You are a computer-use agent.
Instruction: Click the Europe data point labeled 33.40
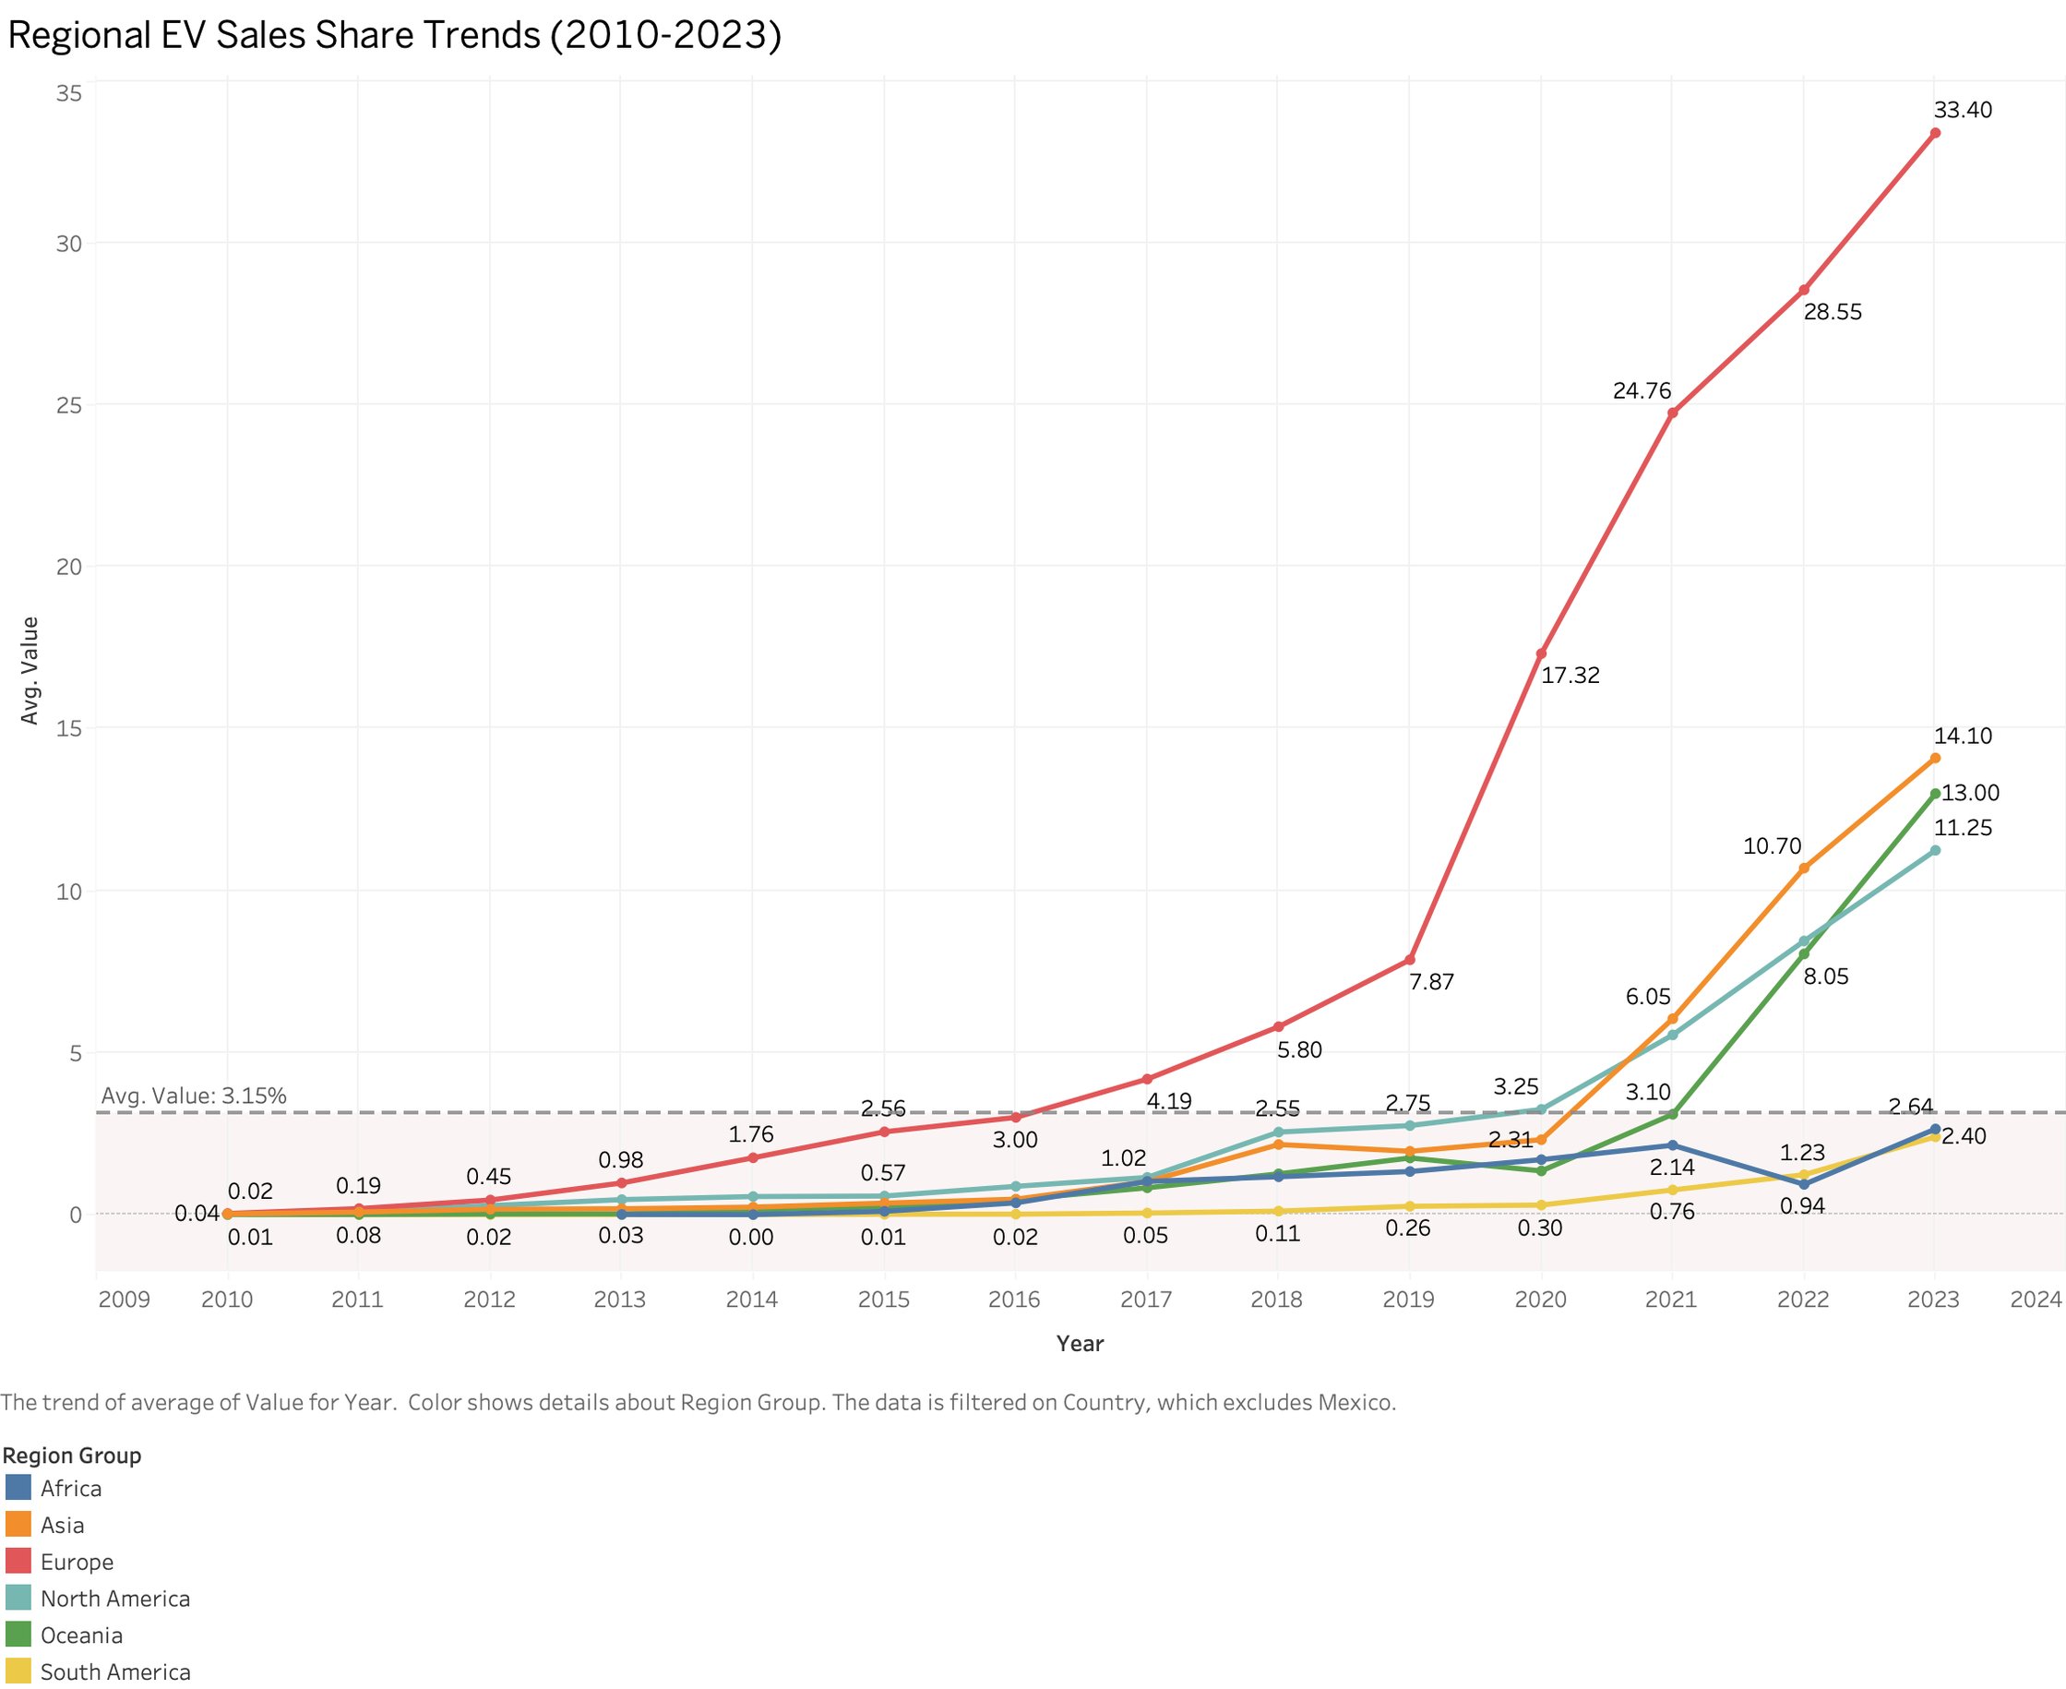[x=1935, y=133]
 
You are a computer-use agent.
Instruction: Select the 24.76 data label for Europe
[x=1642, y=391]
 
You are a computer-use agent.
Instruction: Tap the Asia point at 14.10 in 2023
[x=1935, y=758]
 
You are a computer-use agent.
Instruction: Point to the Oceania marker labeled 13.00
[x=1935, y=794]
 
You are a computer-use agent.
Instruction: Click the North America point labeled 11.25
[x=1935, y=850]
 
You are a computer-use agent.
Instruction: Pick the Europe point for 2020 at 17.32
[x=1541, y=653]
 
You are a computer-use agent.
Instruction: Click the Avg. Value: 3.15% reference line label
[x=194, y=1096]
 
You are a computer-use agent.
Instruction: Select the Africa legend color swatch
[x=18, y=1488]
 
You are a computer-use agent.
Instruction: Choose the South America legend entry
[x=114, y=1671]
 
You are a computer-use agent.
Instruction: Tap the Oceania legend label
[x=80, y=1635]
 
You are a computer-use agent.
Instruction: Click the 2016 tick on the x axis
[x=1014, y=1299]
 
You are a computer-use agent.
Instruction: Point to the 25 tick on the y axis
[x=68, y=405]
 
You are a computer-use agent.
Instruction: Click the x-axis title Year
[x=1080, y=1344]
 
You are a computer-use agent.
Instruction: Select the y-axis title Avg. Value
[x=30, y=670]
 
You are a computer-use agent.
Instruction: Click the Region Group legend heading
[x=72, y=1455]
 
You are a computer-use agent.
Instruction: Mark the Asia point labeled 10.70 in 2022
[x=1803, y=868]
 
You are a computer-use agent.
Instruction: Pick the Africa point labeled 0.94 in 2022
[x=1803, y=1184]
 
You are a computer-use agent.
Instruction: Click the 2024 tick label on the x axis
[x=2035, y=1299]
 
